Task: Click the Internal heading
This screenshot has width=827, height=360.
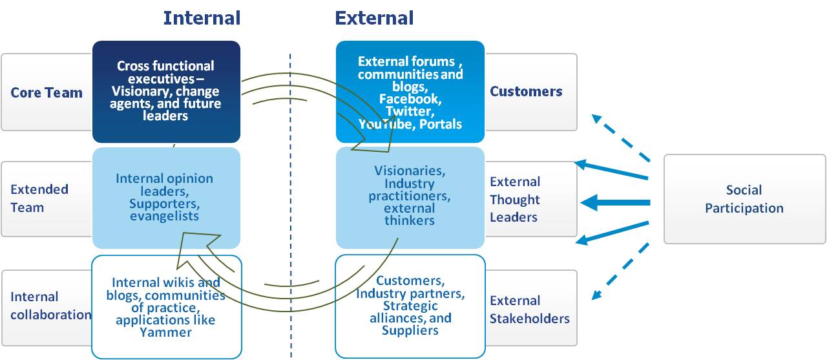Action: [x=202, y=17]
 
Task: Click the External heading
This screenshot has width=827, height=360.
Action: [x=374, y=17]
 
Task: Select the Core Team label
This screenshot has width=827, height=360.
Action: [x=47, y=92]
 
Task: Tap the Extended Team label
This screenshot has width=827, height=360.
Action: [x=39, y=198]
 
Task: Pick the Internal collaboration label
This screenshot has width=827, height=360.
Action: [x=50, y=306]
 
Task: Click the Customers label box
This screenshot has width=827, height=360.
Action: [x=526, y=92]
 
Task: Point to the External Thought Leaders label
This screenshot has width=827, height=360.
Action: [x=515, y=199]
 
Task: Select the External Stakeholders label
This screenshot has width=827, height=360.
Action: [x=529, y=310]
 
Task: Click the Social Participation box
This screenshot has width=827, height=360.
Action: [x=744, y=199]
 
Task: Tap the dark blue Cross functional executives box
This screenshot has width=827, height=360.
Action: [x=166, y=91]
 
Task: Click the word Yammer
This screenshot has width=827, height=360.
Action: [x=165, y=333]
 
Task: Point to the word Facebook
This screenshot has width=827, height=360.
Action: [x=410, y=100]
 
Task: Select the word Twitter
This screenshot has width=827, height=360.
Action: [x=410, y=112]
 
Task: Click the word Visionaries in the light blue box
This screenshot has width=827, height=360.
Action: [x=409, y=171]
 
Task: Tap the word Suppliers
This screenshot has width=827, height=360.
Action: [x=410, y=331]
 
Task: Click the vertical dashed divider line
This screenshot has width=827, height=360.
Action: [x=290, y=194]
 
